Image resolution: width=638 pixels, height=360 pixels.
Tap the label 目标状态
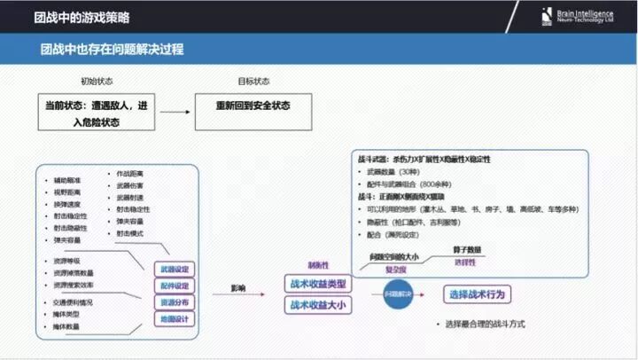pyautogui.click(x=253, y=81)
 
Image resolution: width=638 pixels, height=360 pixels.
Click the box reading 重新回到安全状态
pyautogui.click(x=253, y=106)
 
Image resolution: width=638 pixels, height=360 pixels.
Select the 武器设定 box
pyautogui.click(x=174, y=269)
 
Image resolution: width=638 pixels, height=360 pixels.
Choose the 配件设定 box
pyautogui.click(x=174, y=286)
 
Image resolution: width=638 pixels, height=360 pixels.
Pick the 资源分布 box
pyautogui.click(x=174, y=301)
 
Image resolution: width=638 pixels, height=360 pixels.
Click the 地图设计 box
pyautogui.click(x=174, y=317)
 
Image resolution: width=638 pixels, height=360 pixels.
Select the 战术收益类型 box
pyautogui.click(x=317, y=284)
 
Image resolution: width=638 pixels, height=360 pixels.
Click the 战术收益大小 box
pyautogui.click(x=317, y=304)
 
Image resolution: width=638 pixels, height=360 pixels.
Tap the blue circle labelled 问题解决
pyautogui.click(x=399, y=293)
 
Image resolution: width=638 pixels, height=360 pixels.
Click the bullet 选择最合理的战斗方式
pyautogui.click(x=486, y=325)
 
